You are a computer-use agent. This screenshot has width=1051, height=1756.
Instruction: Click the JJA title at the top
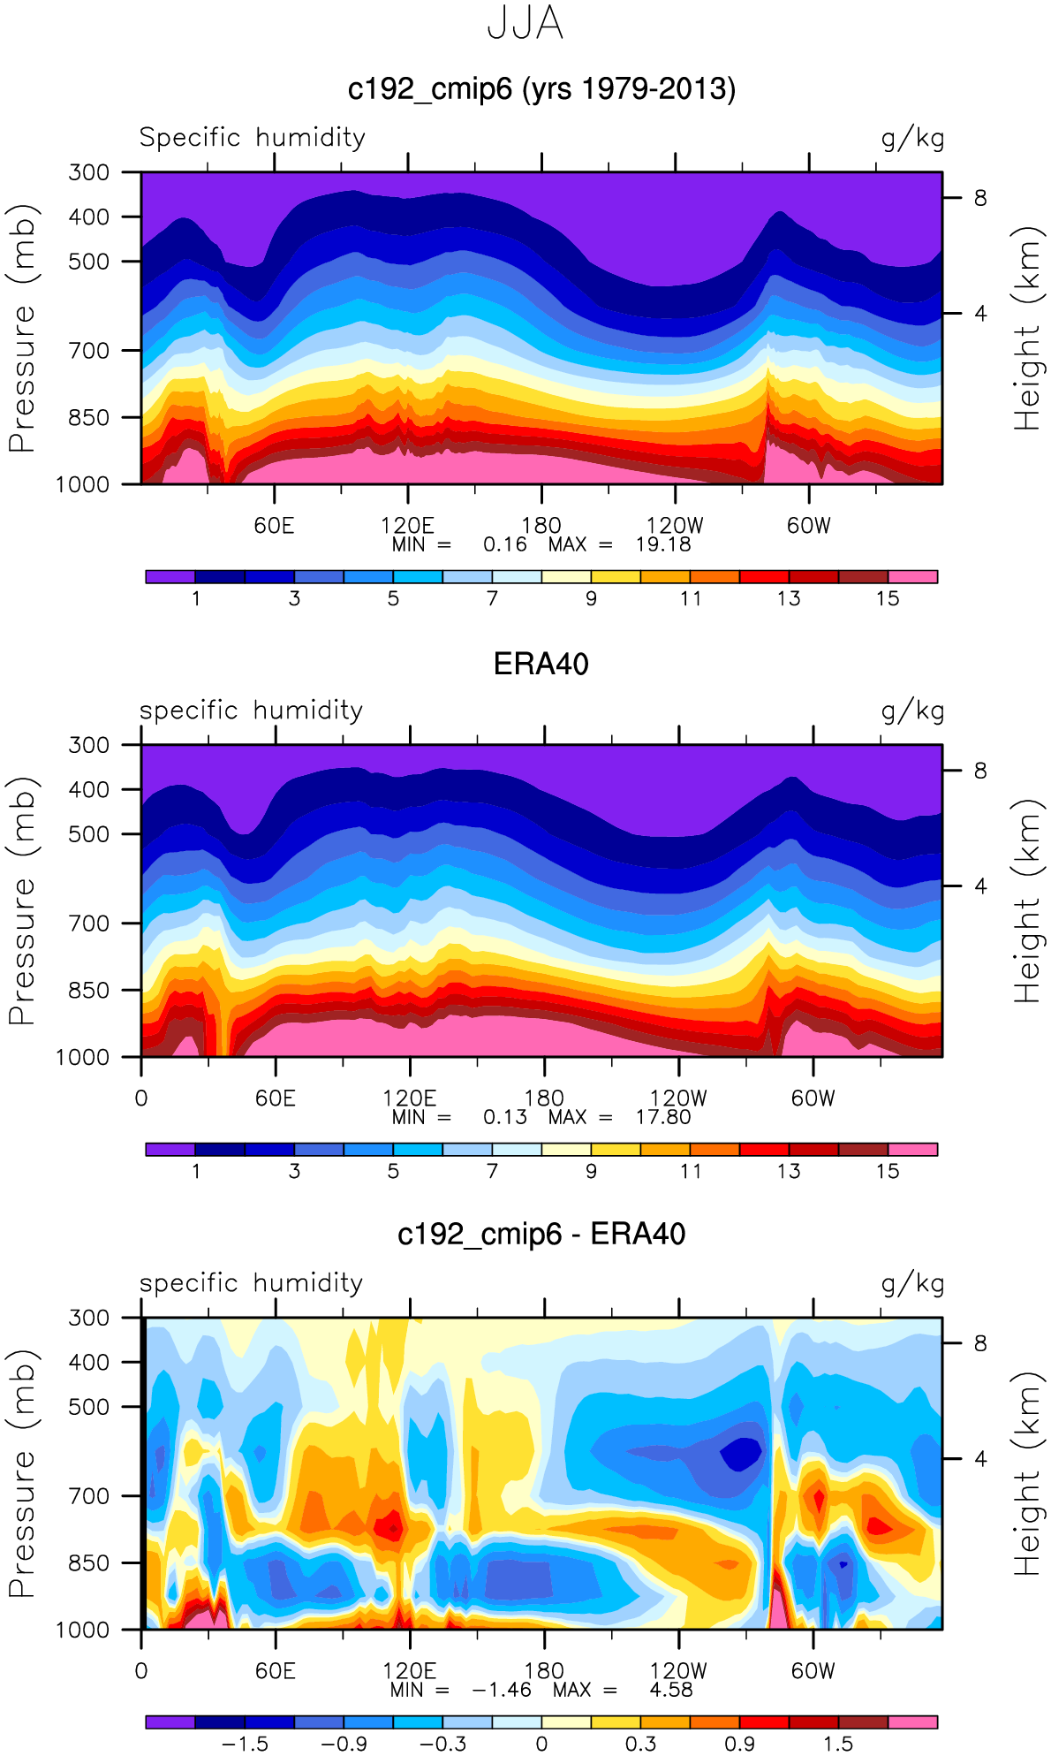(x=525, y=24)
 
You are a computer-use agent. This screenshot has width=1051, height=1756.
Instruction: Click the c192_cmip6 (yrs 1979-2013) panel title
(x=541, y=89)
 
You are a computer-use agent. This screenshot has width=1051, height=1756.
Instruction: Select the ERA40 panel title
(x=541, y=664)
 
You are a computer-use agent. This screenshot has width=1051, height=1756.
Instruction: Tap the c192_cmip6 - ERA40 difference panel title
(x=541, y=1234)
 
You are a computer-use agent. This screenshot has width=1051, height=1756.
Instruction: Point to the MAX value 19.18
(x=663, y=544)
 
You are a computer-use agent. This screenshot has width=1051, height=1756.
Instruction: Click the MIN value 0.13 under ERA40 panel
(x=505, y=1117)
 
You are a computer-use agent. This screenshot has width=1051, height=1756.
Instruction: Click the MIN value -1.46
(x=502, y=1690)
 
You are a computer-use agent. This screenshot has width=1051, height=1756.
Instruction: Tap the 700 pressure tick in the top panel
(x=88, y=351)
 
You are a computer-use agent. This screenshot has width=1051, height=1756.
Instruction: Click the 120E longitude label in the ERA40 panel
(x=409, y=1098)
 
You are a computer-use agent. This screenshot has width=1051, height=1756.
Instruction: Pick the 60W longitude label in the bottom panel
(x=813, y=1671)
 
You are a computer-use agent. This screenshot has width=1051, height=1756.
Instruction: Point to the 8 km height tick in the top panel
(x=980, y=198)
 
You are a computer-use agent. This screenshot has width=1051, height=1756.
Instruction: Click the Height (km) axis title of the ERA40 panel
(x=1027, y=901)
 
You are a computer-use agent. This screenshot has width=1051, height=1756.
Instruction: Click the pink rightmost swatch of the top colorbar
(x=912, y=577)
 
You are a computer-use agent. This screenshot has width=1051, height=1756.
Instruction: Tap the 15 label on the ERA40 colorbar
(x=888, y=1171)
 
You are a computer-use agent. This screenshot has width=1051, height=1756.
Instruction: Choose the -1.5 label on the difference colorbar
(x=245, y=1744)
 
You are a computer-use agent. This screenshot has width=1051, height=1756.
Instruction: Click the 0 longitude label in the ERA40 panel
(x=141, y=1098)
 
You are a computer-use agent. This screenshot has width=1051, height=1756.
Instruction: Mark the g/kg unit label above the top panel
(x=912, y=138)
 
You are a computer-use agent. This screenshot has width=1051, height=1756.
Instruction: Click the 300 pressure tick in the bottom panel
(x=88, y=1318)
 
